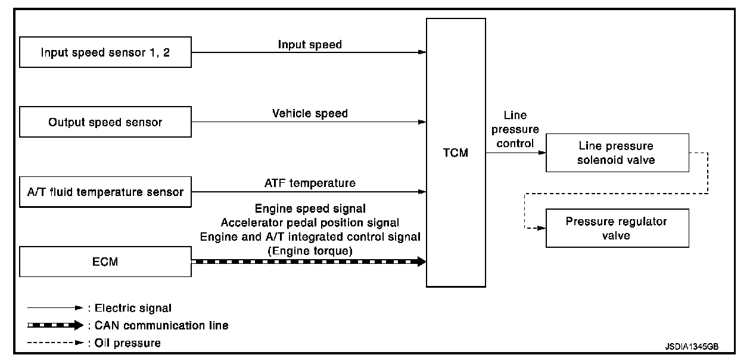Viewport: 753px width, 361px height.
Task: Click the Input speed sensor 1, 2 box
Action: pos(105,52)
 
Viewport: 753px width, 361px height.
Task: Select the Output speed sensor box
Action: pos(105,122)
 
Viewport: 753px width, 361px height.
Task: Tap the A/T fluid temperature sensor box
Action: pos(105,192)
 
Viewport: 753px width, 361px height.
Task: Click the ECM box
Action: pos(105,262)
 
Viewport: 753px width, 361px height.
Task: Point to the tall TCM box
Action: pos(456,153)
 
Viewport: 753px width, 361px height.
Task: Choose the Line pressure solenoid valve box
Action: pos(616,153)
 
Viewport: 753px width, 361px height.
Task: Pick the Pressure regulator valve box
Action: pos(616,228)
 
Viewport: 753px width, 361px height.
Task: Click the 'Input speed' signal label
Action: pos(310,44)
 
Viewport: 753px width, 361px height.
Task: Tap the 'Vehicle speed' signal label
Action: pos(310,113)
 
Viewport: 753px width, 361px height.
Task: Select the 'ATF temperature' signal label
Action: pos(310,183)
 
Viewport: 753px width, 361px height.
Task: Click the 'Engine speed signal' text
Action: pos(310,208)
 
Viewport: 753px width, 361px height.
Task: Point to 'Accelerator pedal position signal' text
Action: pos(310,222)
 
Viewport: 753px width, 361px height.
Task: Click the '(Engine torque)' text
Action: pos(310,251)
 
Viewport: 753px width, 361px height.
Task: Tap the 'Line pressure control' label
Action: pos(515,129)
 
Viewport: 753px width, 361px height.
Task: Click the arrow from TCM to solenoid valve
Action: pos(516,153)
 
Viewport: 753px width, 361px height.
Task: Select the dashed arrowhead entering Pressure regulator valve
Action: pos(541,228)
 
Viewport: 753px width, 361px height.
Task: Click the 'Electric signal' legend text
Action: pos(133,308)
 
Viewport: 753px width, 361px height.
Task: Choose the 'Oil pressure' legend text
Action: pos(127,343)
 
